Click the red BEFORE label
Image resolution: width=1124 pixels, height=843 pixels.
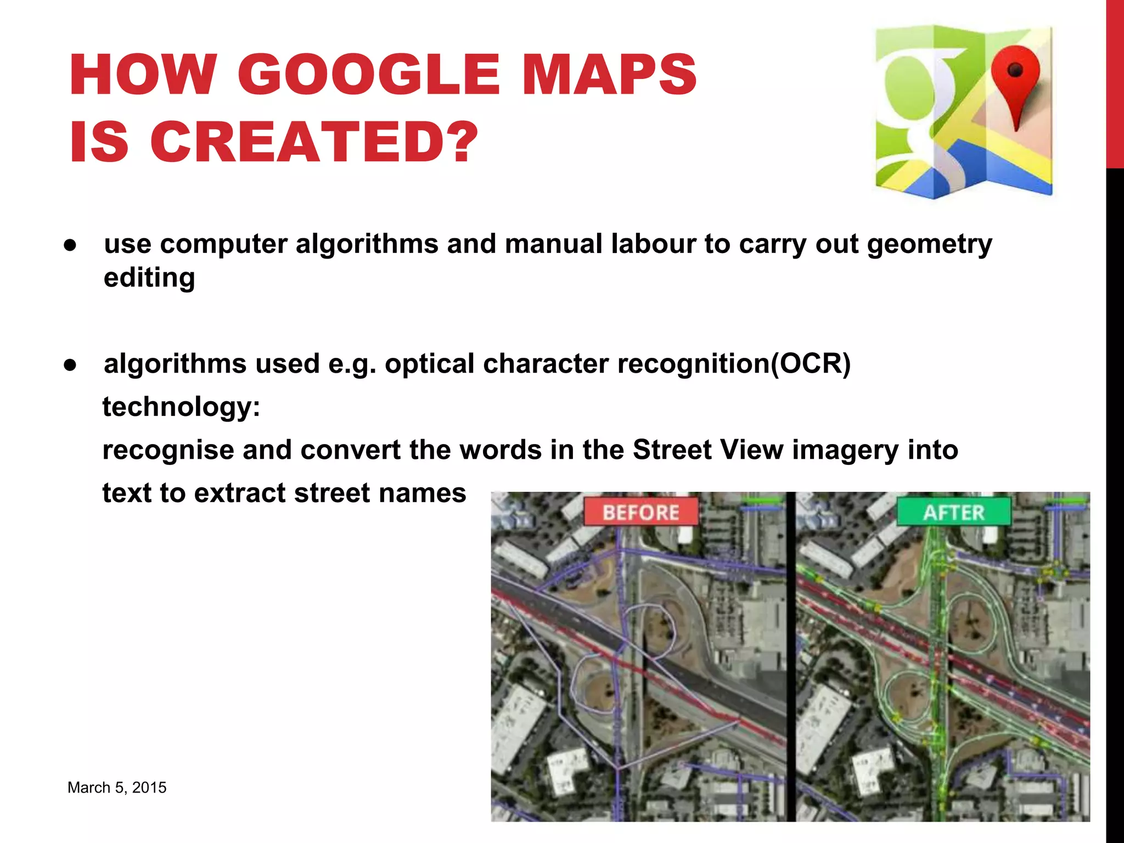tap(640, 512)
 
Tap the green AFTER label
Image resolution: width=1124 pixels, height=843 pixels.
tap(953, 512)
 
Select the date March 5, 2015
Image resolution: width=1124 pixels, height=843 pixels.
tap(117, 788)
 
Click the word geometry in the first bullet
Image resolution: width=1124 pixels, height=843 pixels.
tap(929, 244)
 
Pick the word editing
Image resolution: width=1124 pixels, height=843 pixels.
tap(149, 278)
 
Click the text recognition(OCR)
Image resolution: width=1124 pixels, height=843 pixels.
tap(734, 363)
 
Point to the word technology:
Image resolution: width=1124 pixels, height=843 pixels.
tap(181, 407)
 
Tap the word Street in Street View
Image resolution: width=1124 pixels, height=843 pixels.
tap(672, 450)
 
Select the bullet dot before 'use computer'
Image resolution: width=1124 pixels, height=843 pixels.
tap(70, 245)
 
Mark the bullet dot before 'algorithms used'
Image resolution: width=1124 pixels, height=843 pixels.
tap(70, 365)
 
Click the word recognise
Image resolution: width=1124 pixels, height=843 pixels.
tap(168, 450)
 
